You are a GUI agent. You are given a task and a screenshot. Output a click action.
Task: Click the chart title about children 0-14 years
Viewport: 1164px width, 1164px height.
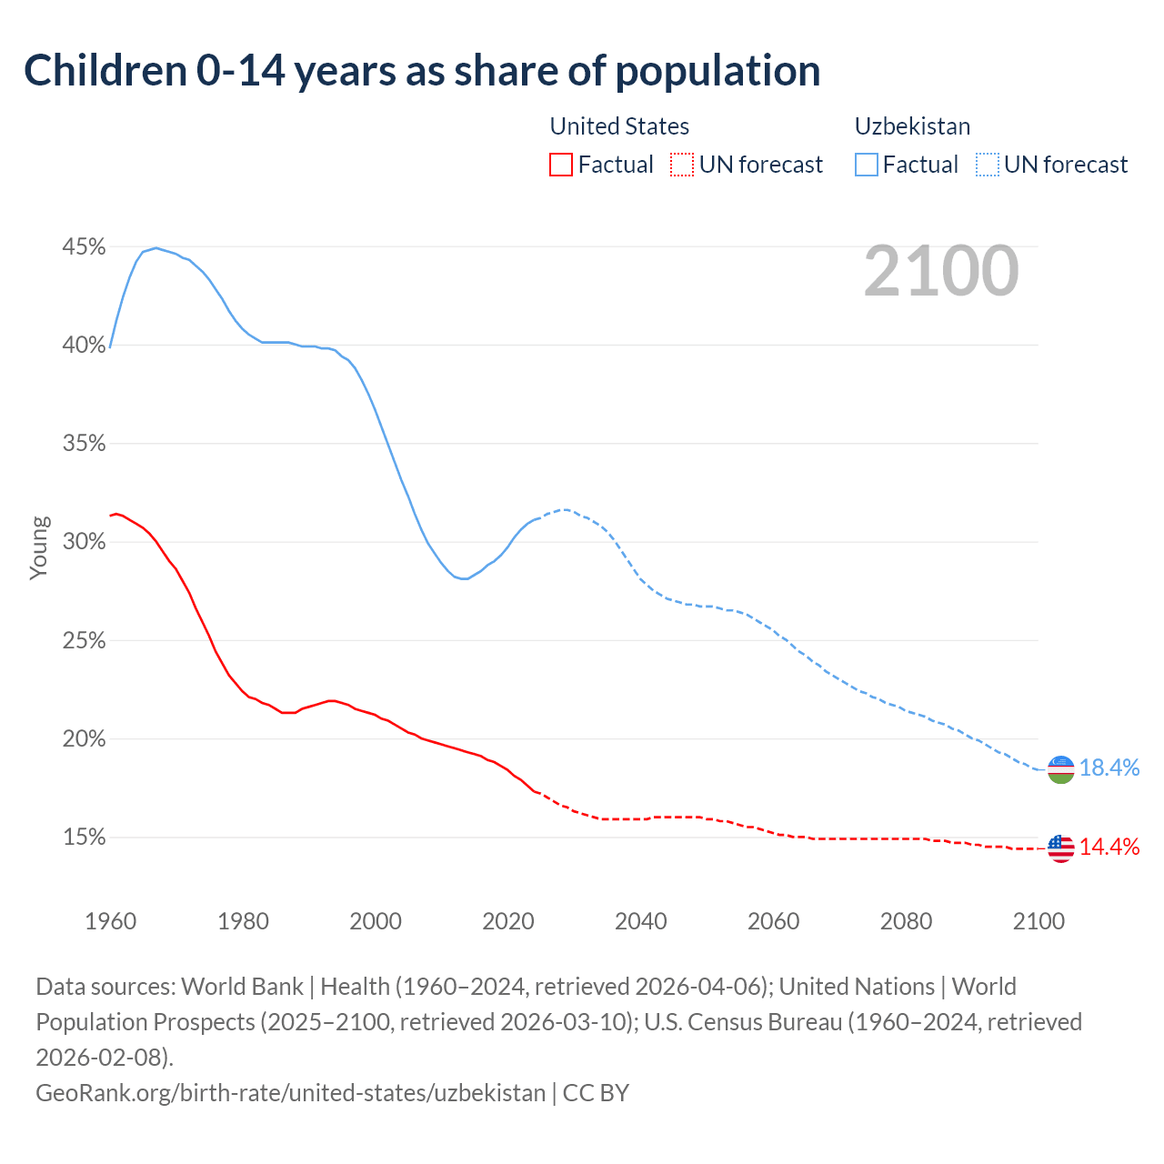coord(422,71)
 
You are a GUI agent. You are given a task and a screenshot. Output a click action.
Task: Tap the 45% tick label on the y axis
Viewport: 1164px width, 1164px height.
coord(84,247)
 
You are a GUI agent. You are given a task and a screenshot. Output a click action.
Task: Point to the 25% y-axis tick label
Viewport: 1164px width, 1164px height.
coord(84,641)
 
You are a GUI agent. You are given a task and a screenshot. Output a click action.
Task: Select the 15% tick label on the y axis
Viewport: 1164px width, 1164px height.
coord(84,838)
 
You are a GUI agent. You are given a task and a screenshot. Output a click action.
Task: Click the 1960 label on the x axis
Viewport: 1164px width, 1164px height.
coord(111,921)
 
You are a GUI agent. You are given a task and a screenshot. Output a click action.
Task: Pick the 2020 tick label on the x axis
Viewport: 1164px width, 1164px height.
coord(508,921)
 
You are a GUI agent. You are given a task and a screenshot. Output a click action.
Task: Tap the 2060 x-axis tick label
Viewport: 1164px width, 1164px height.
coord(773,921)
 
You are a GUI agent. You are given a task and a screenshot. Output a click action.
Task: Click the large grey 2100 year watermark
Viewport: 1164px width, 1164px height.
coord(940,271)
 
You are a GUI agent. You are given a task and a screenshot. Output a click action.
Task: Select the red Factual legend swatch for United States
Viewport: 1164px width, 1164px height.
coord(561,165)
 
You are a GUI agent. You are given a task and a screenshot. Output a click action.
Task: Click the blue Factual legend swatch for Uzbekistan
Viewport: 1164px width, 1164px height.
coord(867,165)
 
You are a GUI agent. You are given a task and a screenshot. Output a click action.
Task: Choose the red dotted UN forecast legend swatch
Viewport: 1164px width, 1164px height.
coord(682,165)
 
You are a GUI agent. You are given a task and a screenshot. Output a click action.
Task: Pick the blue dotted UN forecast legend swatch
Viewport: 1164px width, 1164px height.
coord(987,165)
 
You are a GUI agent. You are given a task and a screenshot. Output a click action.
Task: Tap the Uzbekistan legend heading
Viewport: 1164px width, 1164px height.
coord(912,126)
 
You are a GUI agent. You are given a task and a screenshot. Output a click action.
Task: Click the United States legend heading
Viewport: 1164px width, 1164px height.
coord(619,126)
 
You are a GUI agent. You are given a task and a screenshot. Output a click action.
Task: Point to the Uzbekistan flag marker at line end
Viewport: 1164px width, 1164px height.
coord(1060,769)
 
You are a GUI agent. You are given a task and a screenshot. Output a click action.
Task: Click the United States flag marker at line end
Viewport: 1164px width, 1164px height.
coord(1060,848)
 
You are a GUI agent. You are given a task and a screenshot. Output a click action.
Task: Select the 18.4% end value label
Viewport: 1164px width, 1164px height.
coord(1109,768)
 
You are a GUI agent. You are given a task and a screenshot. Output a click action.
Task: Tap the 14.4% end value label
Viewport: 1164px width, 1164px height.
coord(1109,848)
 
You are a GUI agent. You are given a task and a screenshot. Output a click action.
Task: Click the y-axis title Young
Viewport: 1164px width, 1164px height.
coord(39,547)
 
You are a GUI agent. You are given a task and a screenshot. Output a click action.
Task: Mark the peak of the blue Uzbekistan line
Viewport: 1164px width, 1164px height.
coord(156,247)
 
